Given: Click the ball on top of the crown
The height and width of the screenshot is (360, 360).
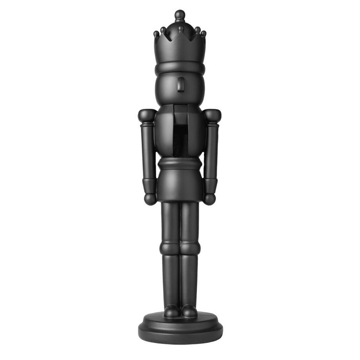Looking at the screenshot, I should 180,15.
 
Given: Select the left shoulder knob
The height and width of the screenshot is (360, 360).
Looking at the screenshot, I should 147,115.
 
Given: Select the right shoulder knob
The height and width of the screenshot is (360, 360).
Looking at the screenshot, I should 212,115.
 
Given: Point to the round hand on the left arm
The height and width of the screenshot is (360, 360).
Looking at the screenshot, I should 150,199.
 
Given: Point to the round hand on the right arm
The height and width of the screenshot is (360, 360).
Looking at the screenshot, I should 209,199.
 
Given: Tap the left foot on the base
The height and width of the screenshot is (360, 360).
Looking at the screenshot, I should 171,311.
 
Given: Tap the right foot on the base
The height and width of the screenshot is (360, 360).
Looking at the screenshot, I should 189,311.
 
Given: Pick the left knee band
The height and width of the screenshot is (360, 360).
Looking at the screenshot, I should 170,248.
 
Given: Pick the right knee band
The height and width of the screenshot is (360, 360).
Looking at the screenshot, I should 190,248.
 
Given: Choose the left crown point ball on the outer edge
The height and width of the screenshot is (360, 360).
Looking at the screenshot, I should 156,34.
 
